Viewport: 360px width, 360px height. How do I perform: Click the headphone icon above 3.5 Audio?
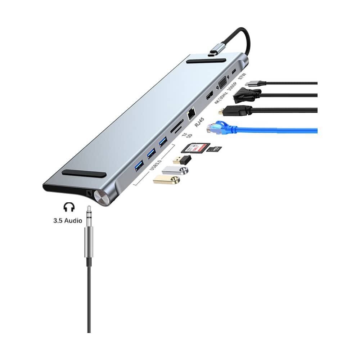point(68,207)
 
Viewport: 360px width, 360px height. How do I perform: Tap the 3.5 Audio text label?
point(68,220)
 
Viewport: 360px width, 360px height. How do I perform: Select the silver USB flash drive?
point(175,170)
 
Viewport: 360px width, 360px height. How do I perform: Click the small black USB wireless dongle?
point(182,159)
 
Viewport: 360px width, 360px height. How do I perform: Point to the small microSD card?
point(214,149)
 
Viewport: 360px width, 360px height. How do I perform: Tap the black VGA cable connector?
point(246,96)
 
